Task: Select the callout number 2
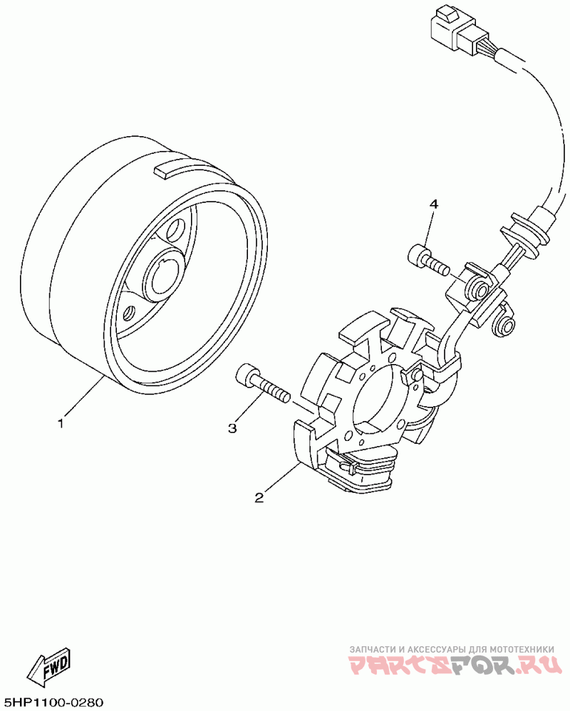tap(259, 497)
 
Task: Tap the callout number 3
tap(232, 427)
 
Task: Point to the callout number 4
tap(433, 204)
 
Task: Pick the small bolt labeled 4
tap(426, 259)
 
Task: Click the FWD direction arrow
tap(48, 668)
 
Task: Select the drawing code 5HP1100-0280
tap(53, 702)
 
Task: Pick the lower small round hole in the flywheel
tap(129, 312)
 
